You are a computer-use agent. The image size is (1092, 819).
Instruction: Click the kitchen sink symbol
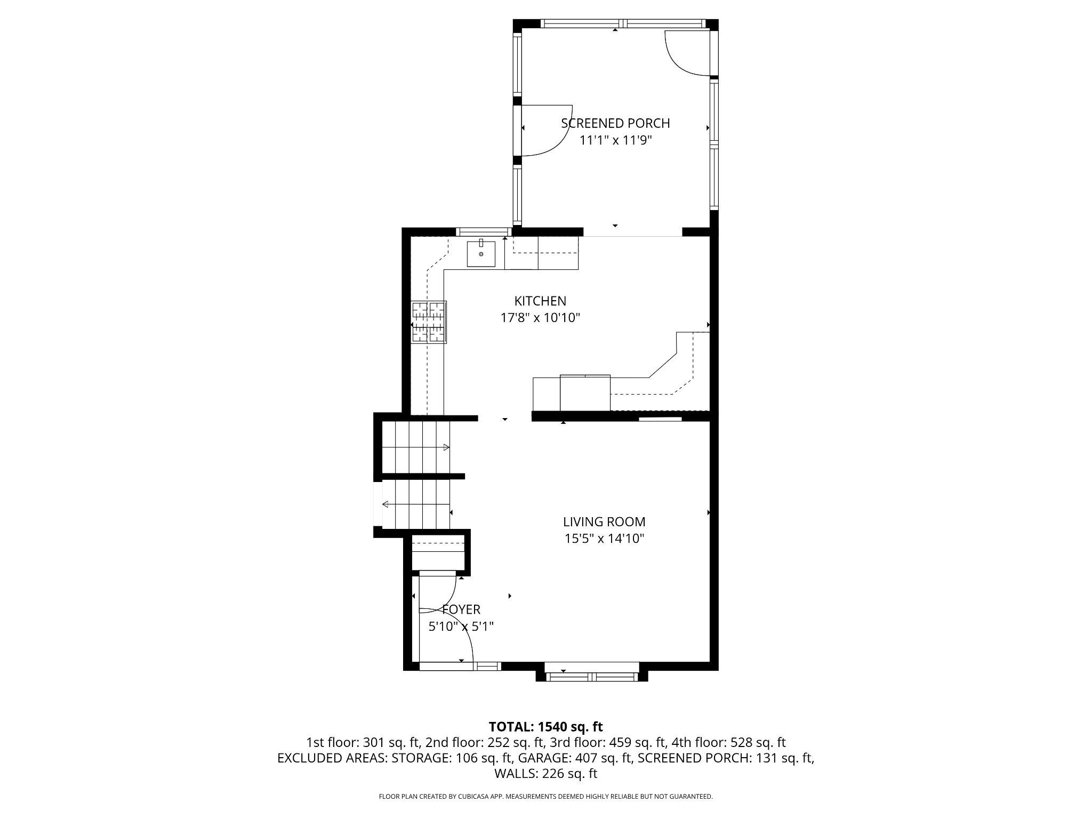[x=481, y=254]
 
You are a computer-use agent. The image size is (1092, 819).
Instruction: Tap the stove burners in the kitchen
[x=428, y=322]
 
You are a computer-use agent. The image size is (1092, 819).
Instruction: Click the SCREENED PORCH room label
[x=615, y=123]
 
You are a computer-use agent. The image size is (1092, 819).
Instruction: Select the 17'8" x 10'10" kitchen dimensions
[x=540, y=318]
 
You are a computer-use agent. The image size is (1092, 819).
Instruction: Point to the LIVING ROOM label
[x=604, y=521]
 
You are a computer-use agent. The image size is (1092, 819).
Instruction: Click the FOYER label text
[x=462, y=609]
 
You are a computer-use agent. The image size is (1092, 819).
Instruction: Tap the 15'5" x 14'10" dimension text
[x=604, y=539]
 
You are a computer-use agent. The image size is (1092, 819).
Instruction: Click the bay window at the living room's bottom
[x=592, y=677]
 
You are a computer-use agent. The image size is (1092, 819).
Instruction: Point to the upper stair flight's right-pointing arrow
[x=446, y=447]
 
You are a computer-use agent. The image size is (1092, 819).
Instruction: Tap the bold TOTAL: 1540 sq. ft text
[x=545, y=726]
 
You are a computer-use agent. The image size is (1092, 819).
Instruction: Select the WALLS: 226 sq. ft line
[x=545, y=774]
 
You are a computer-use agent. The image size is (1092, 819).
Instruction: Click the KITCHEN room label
[x=540, y=301]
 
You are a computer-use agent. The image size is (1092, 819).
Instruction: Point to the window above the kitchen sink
[x=482, y=232]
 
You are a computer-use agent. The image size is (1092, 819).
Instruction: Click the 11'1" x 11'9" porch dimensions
[x=616, y=140]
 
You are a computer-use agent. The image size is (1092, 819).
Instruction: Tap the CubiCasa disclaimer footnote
[x=545, y=797]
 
